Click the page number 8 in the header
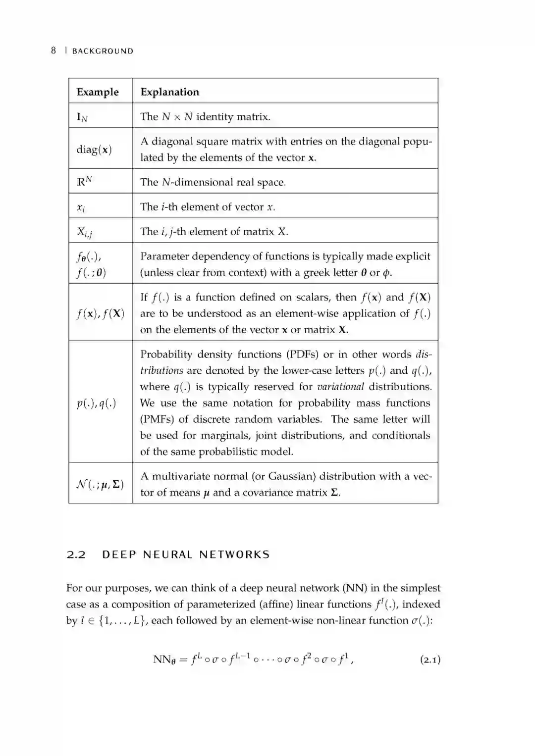pos(53,50)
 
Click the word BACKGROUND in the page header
pos(103,51)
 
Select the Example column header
pos(98,92)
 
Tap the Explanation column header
pos(169,92)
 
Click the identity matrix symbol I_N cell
pos(82,117)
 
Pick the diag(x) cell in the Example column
pos(94,150)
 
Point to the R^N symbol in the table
pos(84,181)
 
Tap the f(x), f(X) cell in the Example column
pos(100,313)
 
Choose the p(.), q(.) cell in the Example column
pos(96,403)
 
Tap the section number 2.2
pos(76,554)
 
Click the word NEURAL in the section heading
pos(168,554)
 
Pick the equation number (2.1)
pos(430,660)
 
